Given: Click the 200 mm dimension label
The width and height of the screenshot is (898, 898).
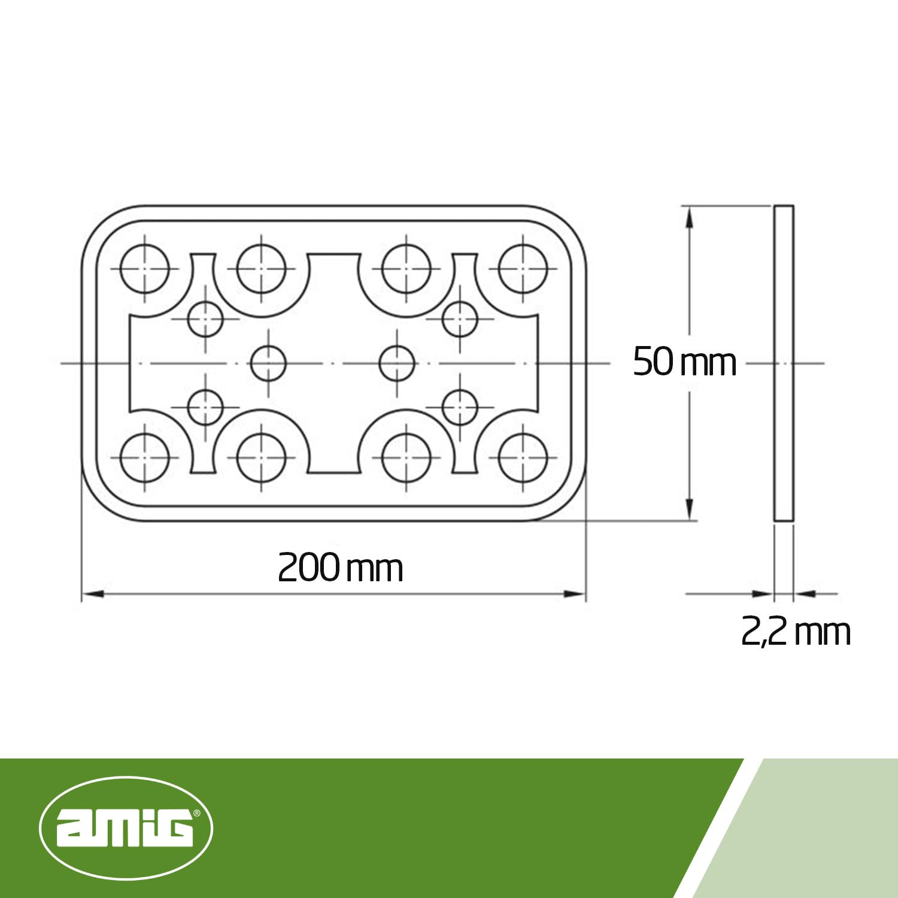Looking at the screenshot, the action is tap(340, 568).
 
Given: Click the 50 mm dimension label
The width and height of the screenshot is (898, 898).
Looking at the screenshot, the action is tap(684, 362).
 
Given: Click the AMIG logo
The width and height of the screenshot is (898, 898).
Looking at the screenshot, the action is tap(126, 828).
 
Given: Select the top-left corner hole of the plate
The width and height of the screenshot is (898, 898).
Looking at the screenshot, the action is tap(145, 268).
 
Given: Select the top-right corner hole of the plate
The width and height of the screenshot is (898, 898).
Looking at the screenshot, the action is tap(523, 268).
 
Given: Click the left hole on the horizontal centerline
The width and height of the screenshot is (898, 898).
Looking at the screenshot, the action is tap(268, 363).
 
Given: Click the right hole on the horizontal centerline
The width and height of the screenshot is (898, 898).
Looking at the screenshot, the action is tap(398, 363).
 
